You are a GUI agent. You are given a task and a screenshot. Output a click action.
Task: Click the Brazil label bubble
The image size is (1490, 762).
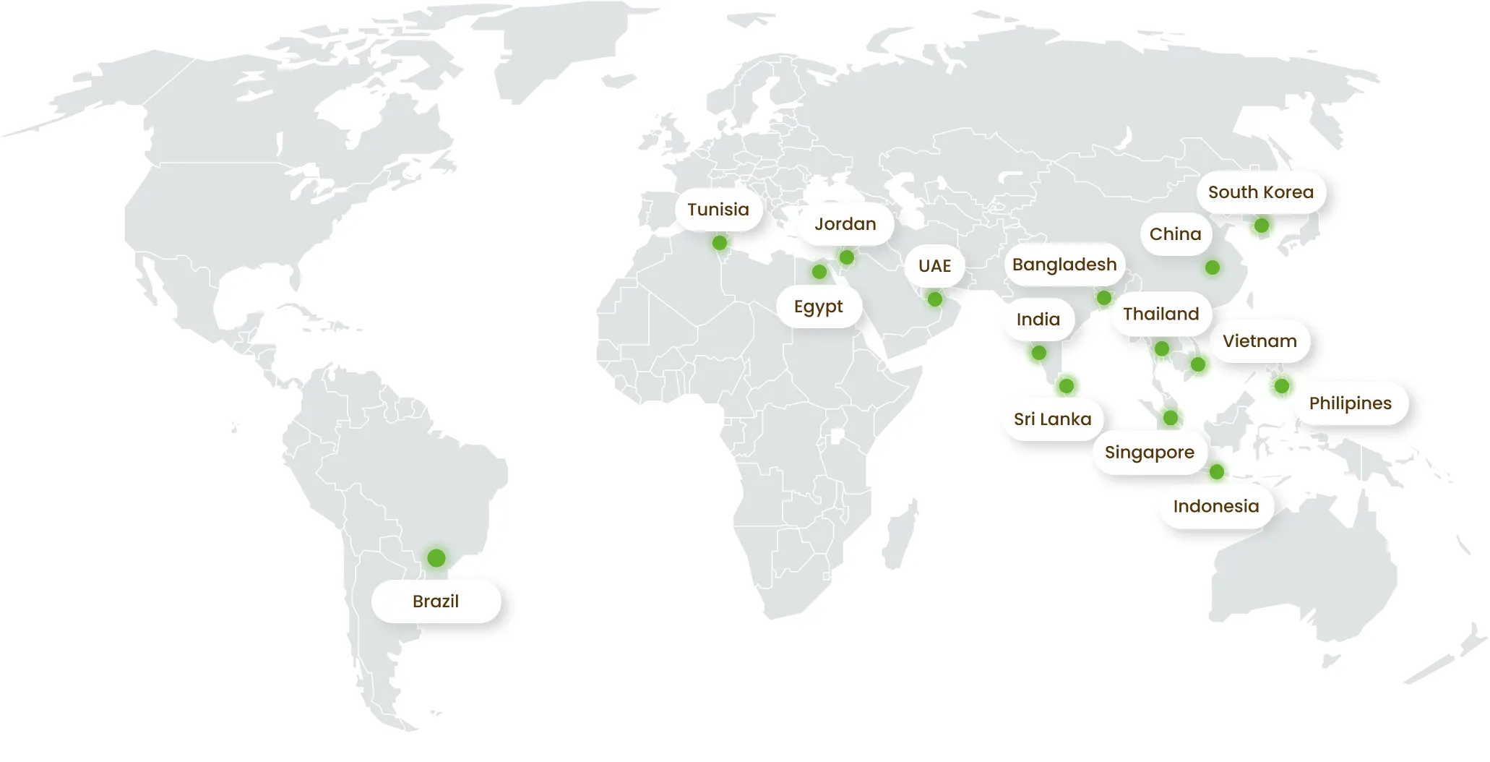pyautogui.click(x=436, y=602)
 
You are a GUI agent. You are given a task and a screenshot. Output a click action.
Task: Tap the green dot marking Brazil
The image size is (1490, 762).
pyautogui.click(x=436, y=558)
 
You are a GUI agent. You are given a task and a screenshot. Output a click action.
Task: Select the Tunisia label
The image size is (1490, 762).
pyautogui.click(x=718, y=210)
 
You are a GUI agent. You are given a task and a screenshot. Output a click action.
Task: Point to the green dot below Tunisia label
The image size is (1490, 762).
pyautogui.click(x=720, y=243)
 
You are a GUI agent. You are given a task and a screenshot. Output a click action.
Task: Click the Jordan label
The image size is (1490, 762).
pyautogui.click(x=845, y=224)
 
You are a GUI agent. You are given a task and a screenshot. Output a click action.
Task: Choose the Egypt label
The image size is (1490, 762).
pyautogui.click(x=819, y=307)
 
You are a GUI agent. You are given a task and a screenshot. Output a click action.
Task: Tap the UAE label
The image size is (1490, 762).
pyautogui.click(x=934, y=266)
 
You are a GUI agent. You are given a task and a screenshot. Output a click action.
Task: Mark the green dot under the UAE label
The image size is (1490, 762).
pyautogui.click(x=935, y=299)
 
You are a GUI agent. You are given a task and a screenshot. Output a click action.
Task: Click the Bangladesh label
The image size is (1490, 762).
pyautogui.click(x=1064, y=265)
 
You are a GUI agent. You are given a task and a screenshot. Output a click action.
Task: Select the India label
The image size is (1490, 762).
pyautogui.click(x=1038, y=320)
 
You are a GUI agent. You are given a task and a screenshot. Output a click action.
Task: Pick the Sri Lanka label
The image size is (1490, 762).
pyautogui.click(x=1052, y=419)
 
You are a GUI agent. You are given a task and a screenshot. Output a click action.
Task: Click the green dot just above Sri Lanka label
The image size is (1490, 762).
pyautogui.click(x=1067, y=386)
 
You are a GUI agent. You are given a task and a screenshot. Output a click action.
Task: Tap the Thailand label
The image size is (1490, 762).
pyautogui.click(x=1161, y=314)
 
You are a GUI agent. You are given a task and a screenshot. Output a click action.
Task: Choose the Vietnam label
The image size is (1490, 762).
pyautogui.click(x=1259, y=341)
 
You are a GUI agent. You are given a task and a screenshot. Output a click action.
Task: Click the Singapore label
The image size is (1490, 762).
pyautogui.click(x=1150, y=453)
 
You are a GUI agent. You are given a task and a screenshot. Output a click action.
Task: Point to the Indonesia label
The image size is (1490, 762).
pyautogui.click(x=1216, y=506)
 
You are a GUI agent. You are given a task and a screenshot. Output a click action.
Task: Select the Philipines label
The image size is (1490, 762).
pyautogui.click(x=1351, y=403)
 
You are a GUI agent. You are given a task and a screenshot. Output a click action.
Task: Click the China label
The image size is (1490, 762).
pyautogui.click(x=1176, y=234)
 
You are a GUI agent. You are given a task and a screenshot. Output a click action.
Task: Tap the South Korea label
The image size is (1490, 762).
pyautogui.click(x=1261, y=192)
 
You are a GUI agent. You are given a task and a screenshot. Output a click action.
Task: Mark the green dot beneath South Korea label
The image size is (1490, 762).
pyautogui.click(x=1262, y=226)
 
